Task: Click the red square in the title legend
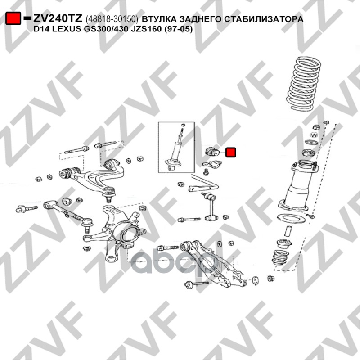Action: point(13,18)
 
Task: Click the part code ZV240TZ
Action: point(58,18)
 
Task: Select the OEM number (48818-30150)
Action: point(112,19)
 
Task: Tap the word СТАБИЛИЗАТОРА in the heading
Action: point(264,19)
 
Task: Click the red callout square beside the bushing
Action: point(231,153)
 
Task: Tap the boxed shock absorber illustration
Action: point(176,148)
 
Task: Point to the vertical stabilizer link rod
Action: point(209,206)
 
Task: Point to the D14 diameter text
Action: point(42,29)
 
